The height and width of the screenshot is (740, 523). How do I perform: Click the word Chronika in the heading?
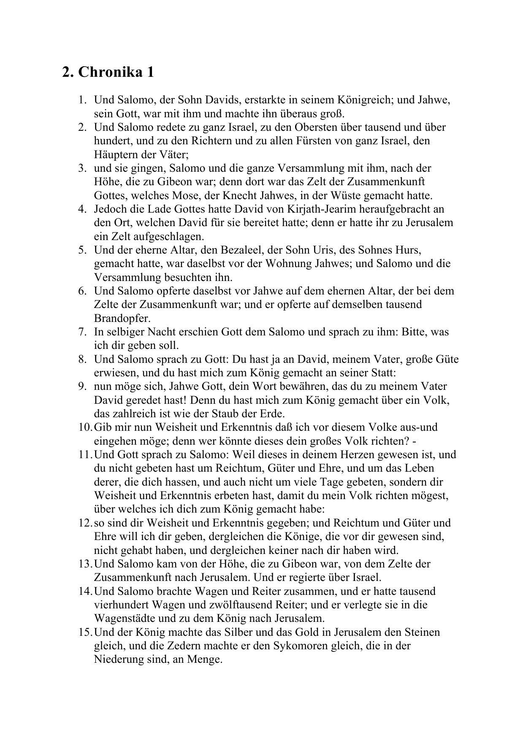[110, 72]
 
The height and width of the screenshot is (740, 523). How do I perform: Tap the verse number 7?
[82, 332]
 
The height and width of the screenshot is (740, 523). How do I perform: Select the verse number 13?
[85, 564]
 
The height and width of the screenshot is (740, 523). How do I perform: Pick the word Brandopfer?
[122, 318]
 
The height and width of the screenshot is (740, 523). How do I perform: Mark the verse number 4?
[82, 209]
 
